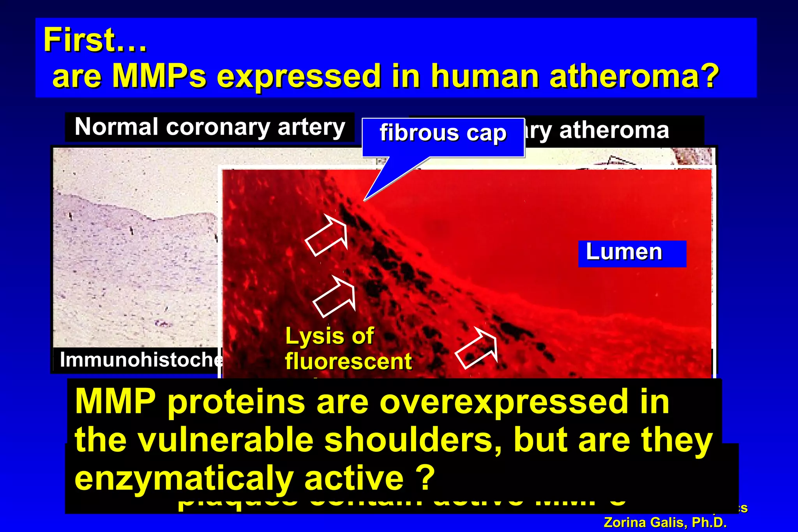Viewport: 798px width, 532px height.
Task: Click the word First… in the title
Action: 95,40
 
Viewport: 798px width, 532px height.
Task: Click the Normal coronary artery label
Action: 210,127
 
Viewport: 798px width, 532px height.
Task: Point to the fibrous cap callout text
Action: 443,133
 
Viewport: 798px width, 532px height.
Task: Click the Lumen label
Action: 624,252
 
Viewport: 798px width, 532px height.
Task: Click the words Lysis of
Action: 330,336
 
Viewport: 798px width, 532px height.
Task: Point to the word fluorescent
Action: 348,361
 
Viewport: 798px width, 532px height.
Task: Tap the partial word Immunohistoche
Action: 140,359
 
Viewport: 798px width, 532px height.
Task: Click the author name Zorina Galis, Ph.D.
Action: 665,522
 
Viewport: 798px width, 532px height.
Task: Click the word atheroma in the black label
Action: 614,130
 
